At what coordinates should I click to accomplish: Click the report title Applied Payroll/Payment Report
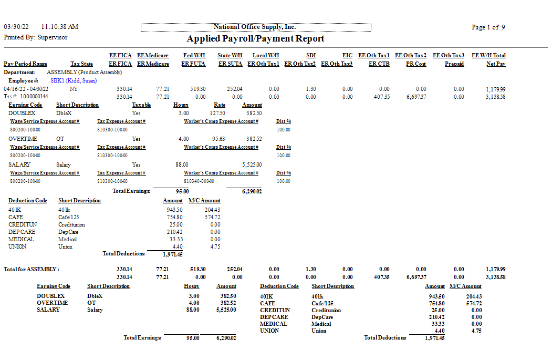(255, 39)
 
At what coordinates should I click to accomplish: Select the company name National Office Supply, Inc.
(255, 27)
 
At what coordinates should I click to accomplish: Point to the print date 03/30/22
(16, 27)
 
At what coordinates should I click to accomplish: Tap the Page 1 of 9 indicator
(488, 27)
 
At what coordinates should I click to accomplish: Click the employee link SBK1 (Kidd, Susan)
(74, 81)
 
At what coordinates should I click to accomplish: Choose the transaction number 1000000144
(34, 97)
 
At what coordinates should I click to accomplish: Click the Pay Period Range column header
(25, 64)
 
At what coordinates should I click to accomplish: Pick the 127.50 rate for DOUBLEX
(217, 113)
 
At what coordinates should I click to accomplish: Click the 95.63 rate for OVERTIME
(218, 139)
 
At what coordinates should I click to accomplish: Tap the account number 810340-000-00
(200, 181)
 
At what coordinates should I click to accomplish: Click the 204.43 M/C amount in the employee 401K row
(212, 210)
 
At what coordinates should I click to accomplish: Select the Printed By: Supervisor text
(36, 38)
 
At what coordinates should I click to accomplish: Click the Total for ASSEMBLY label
(32, 269)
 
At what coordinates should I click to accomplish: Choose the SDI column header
(310, 55)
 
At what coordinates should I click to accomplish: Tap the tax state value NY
(74, 89)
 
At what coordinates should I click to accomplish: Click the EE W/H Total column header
(488, 55)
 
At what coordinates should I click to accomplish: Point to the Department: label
(19, 72)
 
